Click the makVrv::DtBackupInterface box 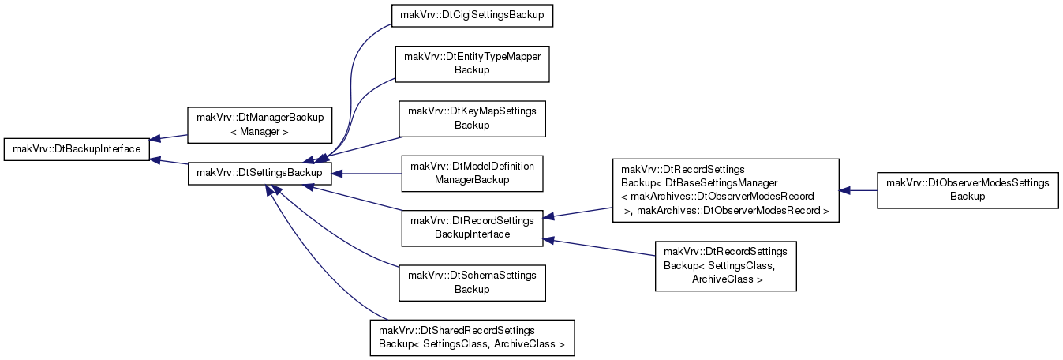77,149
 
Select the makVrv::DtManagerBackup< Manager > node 260,125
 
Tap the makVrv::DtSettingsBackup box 260,174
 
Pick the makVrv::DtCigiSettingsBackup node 472,16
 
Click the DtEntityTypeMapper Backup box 472,64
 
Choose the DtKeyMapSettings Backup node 472,118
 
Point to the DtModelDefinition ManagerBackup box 472,174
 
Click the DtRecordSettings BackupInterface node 472,228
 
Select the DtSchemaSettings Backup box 472,283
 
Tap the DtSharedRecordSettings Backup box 472,338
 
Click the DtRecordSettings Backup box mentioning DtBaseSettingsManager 725,190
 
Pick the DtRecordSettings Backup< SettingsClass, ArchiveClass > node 725,266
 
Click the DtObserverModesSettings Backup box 968,190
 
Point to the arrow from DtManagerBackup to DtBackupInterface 169,137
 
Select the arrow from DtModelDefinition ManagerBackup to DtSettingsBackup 366,174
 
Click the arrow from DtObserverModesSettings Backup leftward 858,190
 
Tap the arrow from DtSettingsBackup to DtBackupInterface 169,162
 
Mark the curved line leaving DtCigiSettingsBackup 351,85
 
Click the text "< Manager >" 259,132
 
